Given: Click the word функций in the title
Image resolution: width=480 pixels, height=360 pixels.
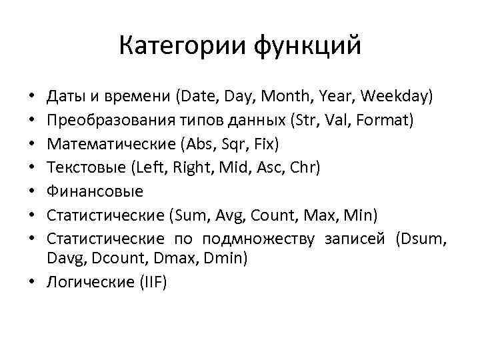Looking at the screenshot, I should tap(307, 47).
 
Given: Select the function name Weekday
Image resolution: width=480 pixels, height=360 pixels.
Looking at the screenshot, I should tap(398, 98).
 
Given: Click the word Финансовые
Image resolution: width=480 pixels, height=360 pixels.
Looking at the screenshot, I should tap(95, 191).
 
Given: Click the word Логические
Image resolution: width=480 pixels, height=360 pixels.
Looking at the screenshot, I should tap(87, 282).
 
